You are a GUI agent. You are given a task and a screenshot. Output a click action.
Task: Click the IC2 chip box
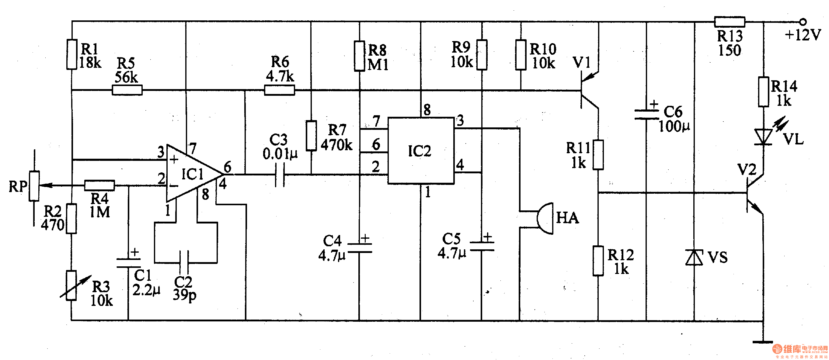tap(421, 151)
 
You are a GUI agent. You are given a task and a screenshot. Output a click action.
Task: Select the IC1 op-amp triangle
tap(190, 174)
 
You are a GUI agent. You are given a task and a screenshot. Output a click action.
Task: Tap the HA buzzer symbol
tap(545, 218)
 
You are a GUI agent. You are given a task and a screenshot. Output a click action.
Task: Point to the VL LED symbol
tap(763, 137)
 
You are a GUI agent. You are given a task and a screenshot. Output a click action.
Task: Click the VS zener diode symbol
tap(694, 257)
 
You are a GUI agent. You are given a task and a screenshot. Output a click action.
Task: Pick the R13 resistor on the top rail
tap(730, 22)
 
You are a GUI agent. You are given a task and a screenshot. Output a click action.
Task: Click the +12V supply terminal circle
tap(803, 22)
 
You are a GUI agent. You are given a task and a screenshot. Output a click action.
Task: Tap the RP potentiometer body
tap(34, 186)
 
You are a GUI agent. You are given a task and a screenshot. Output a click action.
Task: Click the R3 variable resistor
tap(71, 286)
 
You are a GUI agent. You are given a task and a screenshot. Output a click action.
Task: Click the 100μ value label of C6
tap(674, 126)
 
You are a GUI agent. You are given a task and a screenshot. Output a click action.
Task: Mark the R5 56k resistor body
tap(127, 90)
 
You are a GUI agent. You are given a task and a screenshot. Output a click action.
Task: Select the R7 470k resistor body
tap(311, 135)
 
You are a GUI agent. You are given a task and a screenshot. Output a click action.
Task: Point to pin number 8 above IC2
tap(427, 110)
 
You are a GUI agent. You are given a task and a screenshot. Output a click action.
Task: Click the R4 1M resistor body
tap(99, 185)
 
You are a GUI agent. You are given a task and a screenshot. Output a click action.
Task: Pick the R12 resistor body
tap(598, 261)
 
